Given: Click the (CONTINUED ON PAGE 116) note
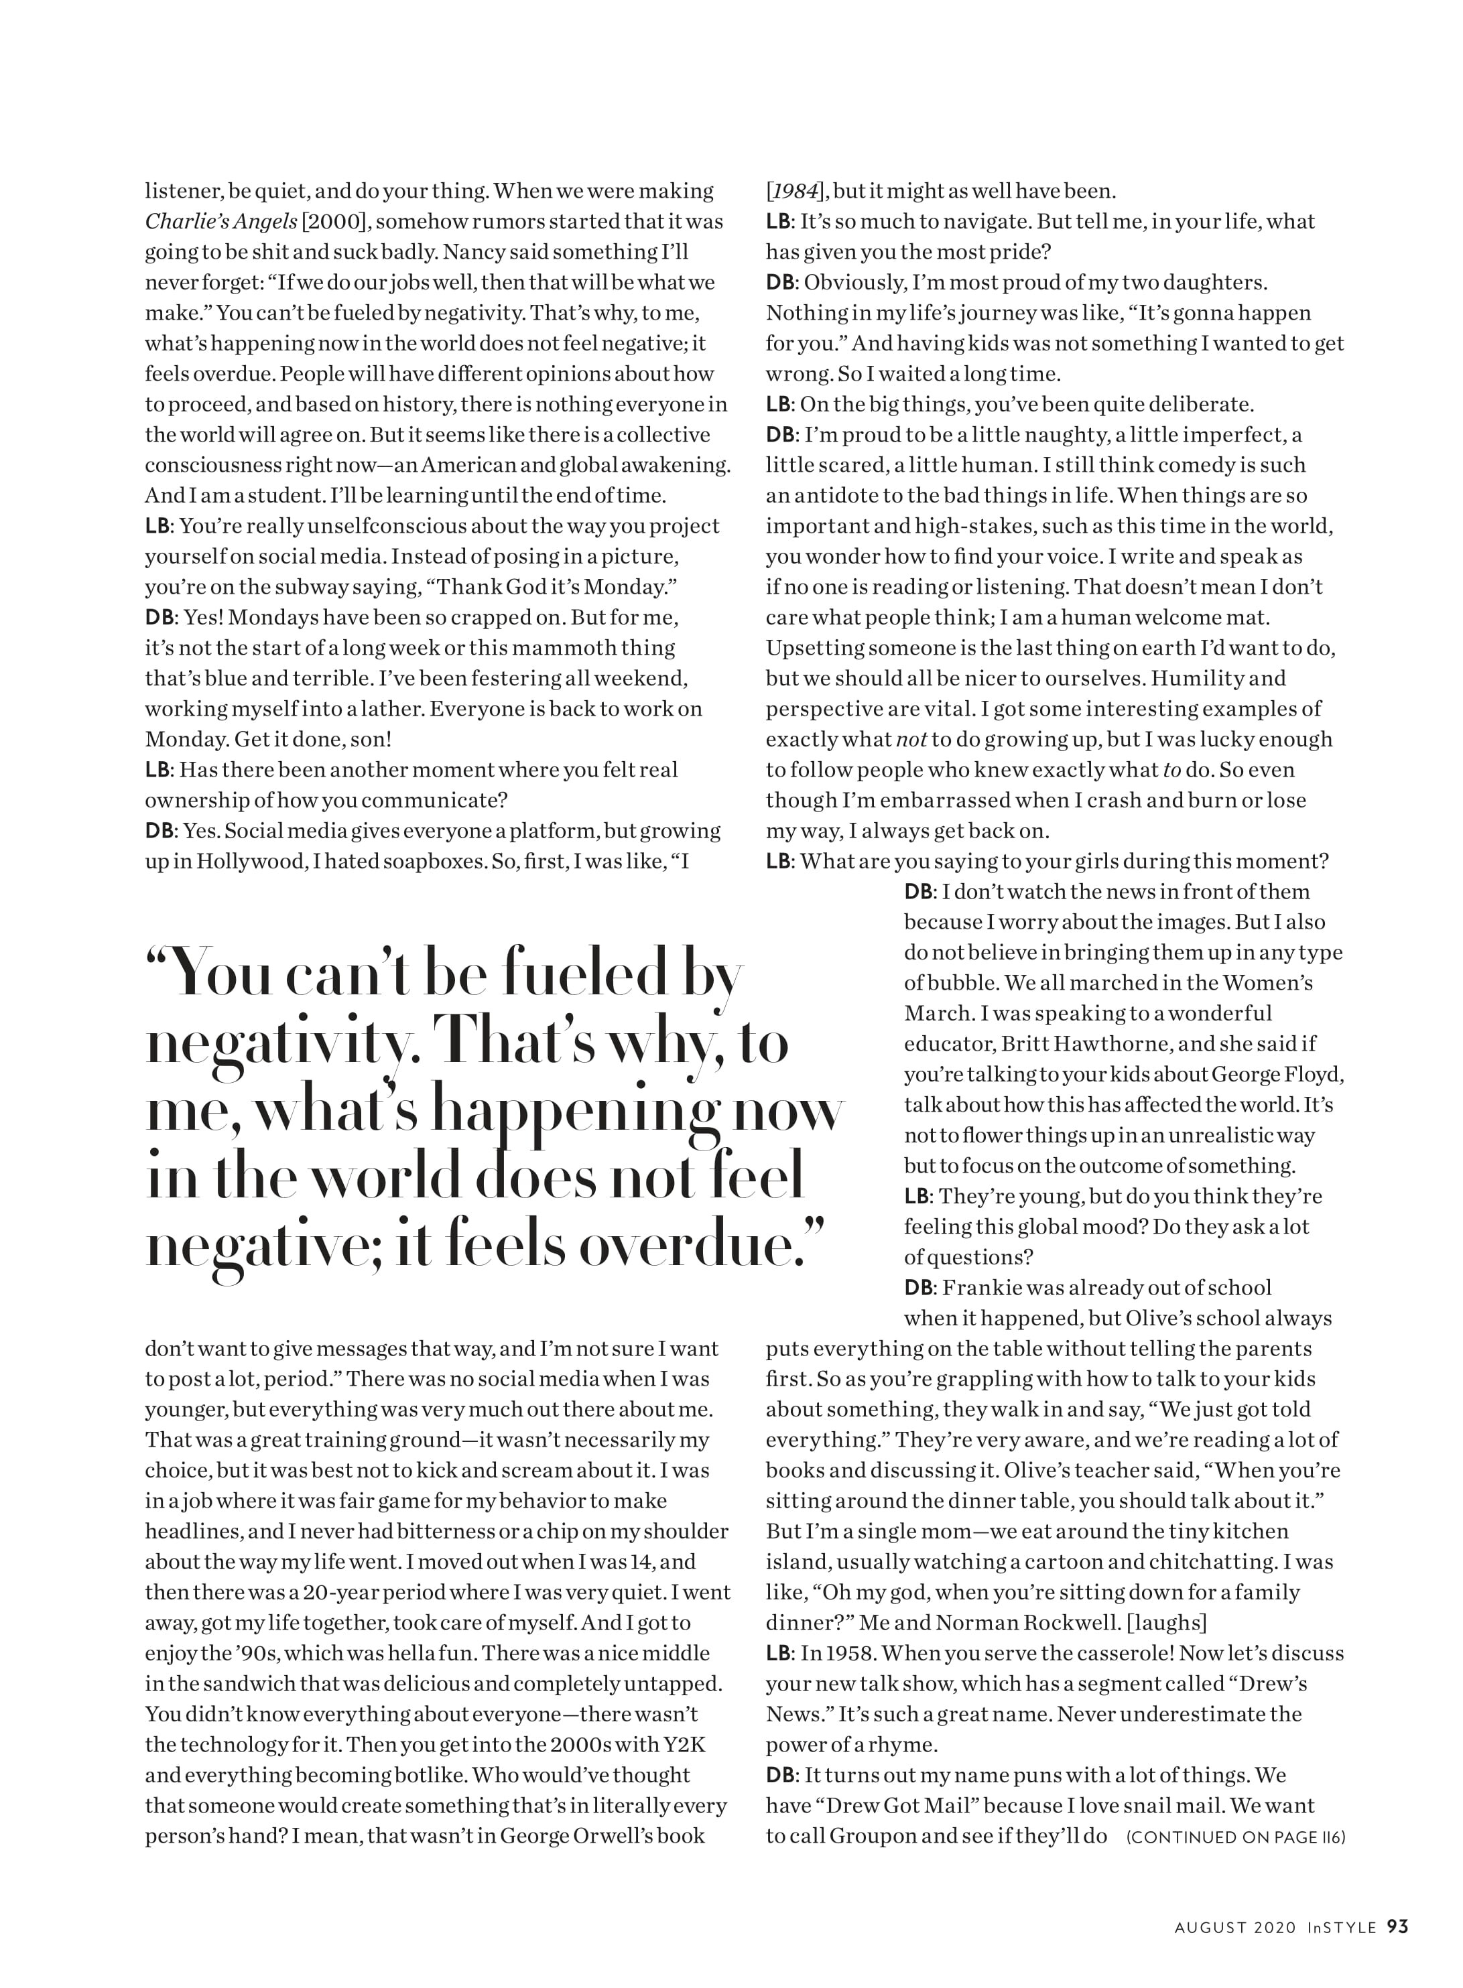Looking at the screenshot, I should (1235, 1837).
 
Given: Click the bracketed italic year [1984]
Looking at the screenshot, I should (796, 191).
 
